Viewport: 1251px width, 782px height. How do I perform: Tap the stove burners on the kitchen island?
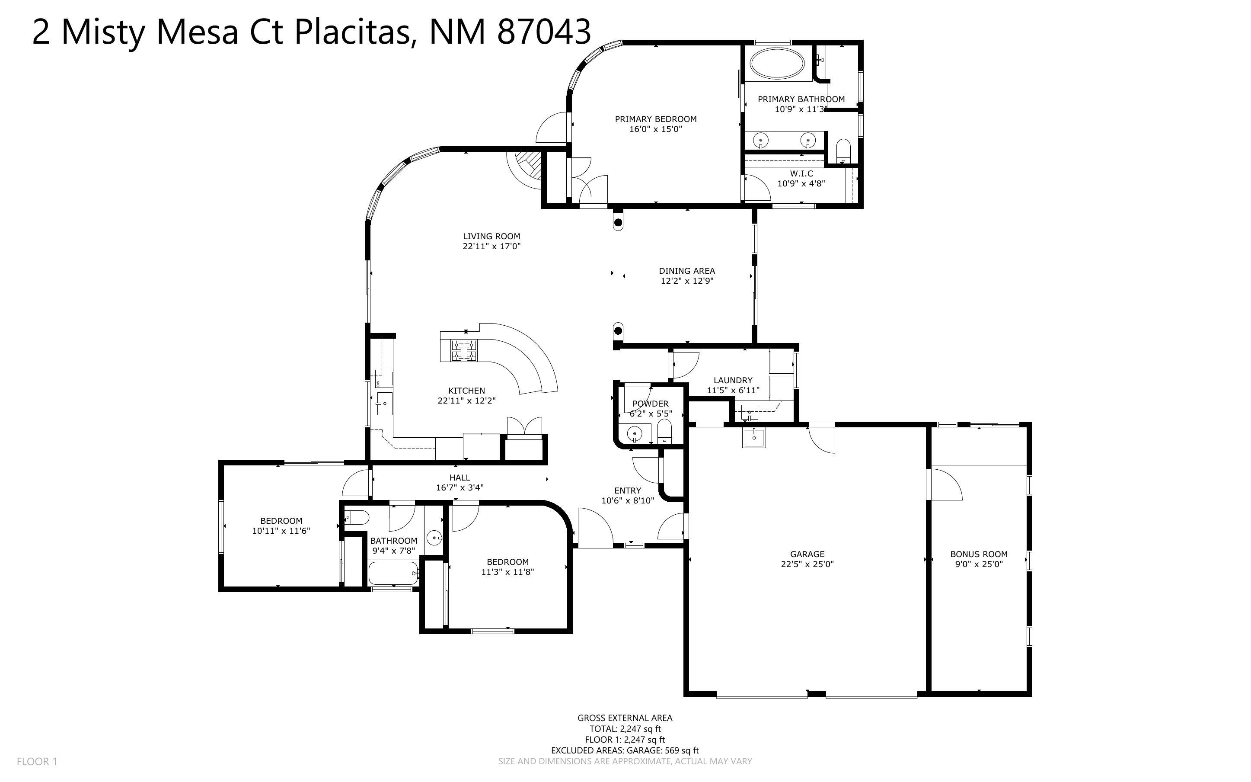464,350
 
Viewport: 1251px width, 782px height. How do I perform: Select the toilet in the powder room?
664,430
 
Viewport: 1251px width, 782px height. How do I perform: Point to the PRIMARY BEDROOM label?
655,119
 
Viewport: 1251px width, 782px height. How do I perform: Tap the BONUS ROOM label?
978,554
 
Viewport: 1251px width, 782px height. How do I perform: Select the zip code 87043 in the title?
544,32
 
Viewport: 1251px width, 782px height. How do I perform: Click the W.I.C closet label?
801,174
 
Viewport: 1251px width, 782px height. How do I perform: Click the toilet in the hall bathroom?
357,517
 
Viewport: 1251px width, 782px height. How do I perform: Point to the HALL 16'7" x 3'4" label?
460,483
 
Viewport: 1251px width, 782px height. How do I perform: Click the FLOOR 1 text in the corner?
37,761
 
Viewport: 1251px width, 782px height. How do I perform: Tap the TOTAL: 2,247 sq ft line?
625,729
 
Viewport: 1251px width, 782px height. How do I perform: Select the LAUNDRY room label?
732,380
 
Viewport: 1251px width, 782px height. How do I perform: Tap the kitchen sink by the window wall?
384,404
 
